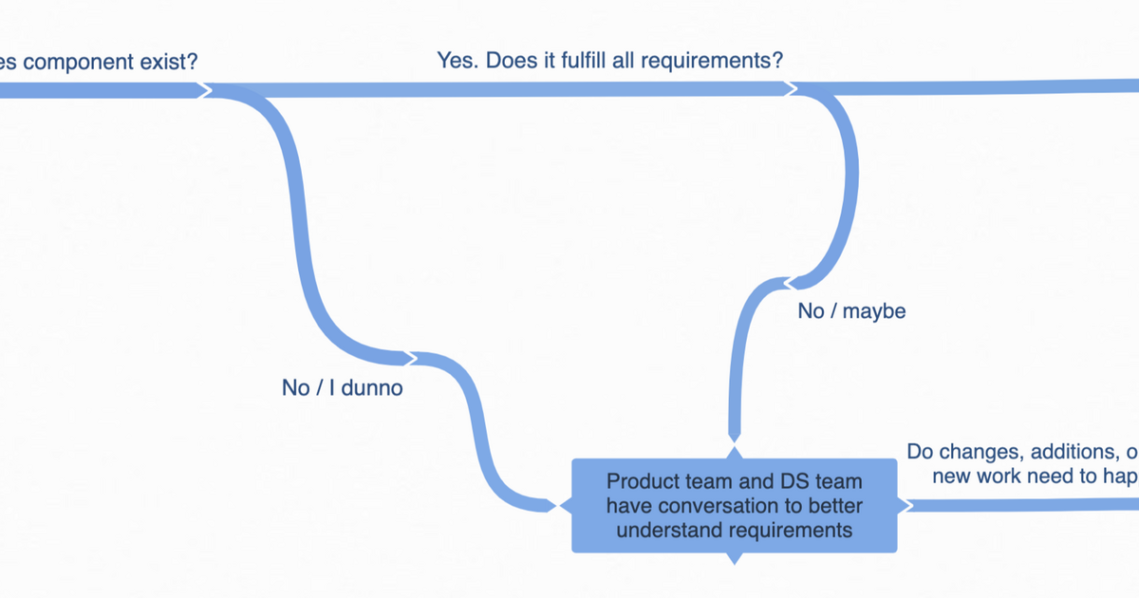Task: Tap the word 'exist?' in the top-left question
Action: tap(170, 63)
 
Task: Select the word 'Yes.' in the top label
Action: tap(458, 61)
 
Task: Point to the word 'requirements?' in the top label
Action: tap(712, 61)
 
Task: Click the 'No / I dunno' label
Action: tap(342, 387)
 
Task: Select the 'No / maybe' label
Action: tap(851, 310)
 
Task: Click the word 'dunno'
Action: tap(373, 387)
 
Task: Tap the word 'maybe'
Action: tap(874, 310)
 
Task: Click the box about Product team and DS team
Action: tap(734, 505)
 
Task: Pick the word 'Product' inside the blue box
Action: tap(640, 481)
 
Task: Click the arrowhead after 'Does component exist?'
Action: tap(204, 89)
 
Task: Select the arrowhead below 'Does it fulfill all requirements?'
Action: tap(792, 88)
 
